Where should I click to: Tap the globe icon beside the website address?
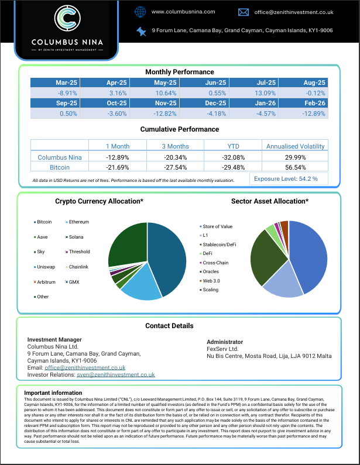(140, 12)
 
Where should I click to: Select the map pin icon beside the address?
(140, 30)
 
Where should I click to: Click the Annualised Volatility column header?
(295, 146)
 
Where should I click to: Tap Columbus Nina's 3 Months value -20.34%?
(176, 157)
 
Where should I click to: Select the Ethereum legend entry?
(79, 222)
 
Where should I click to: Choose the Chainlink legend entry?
(79, 267)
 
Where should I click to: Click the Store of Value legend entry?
(217, 226)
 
